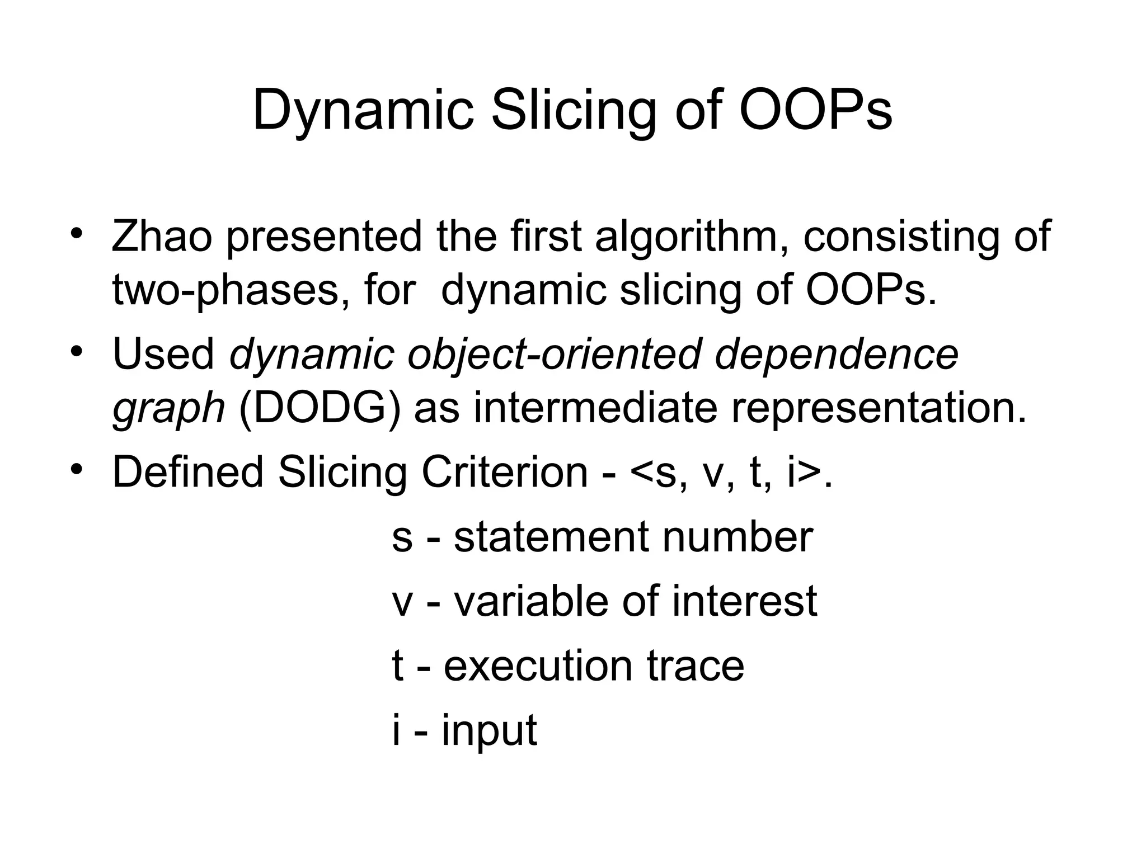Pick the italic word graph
pos(168,409)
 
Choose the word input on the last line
pos(489,730)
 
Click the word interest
pos(744,602)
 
